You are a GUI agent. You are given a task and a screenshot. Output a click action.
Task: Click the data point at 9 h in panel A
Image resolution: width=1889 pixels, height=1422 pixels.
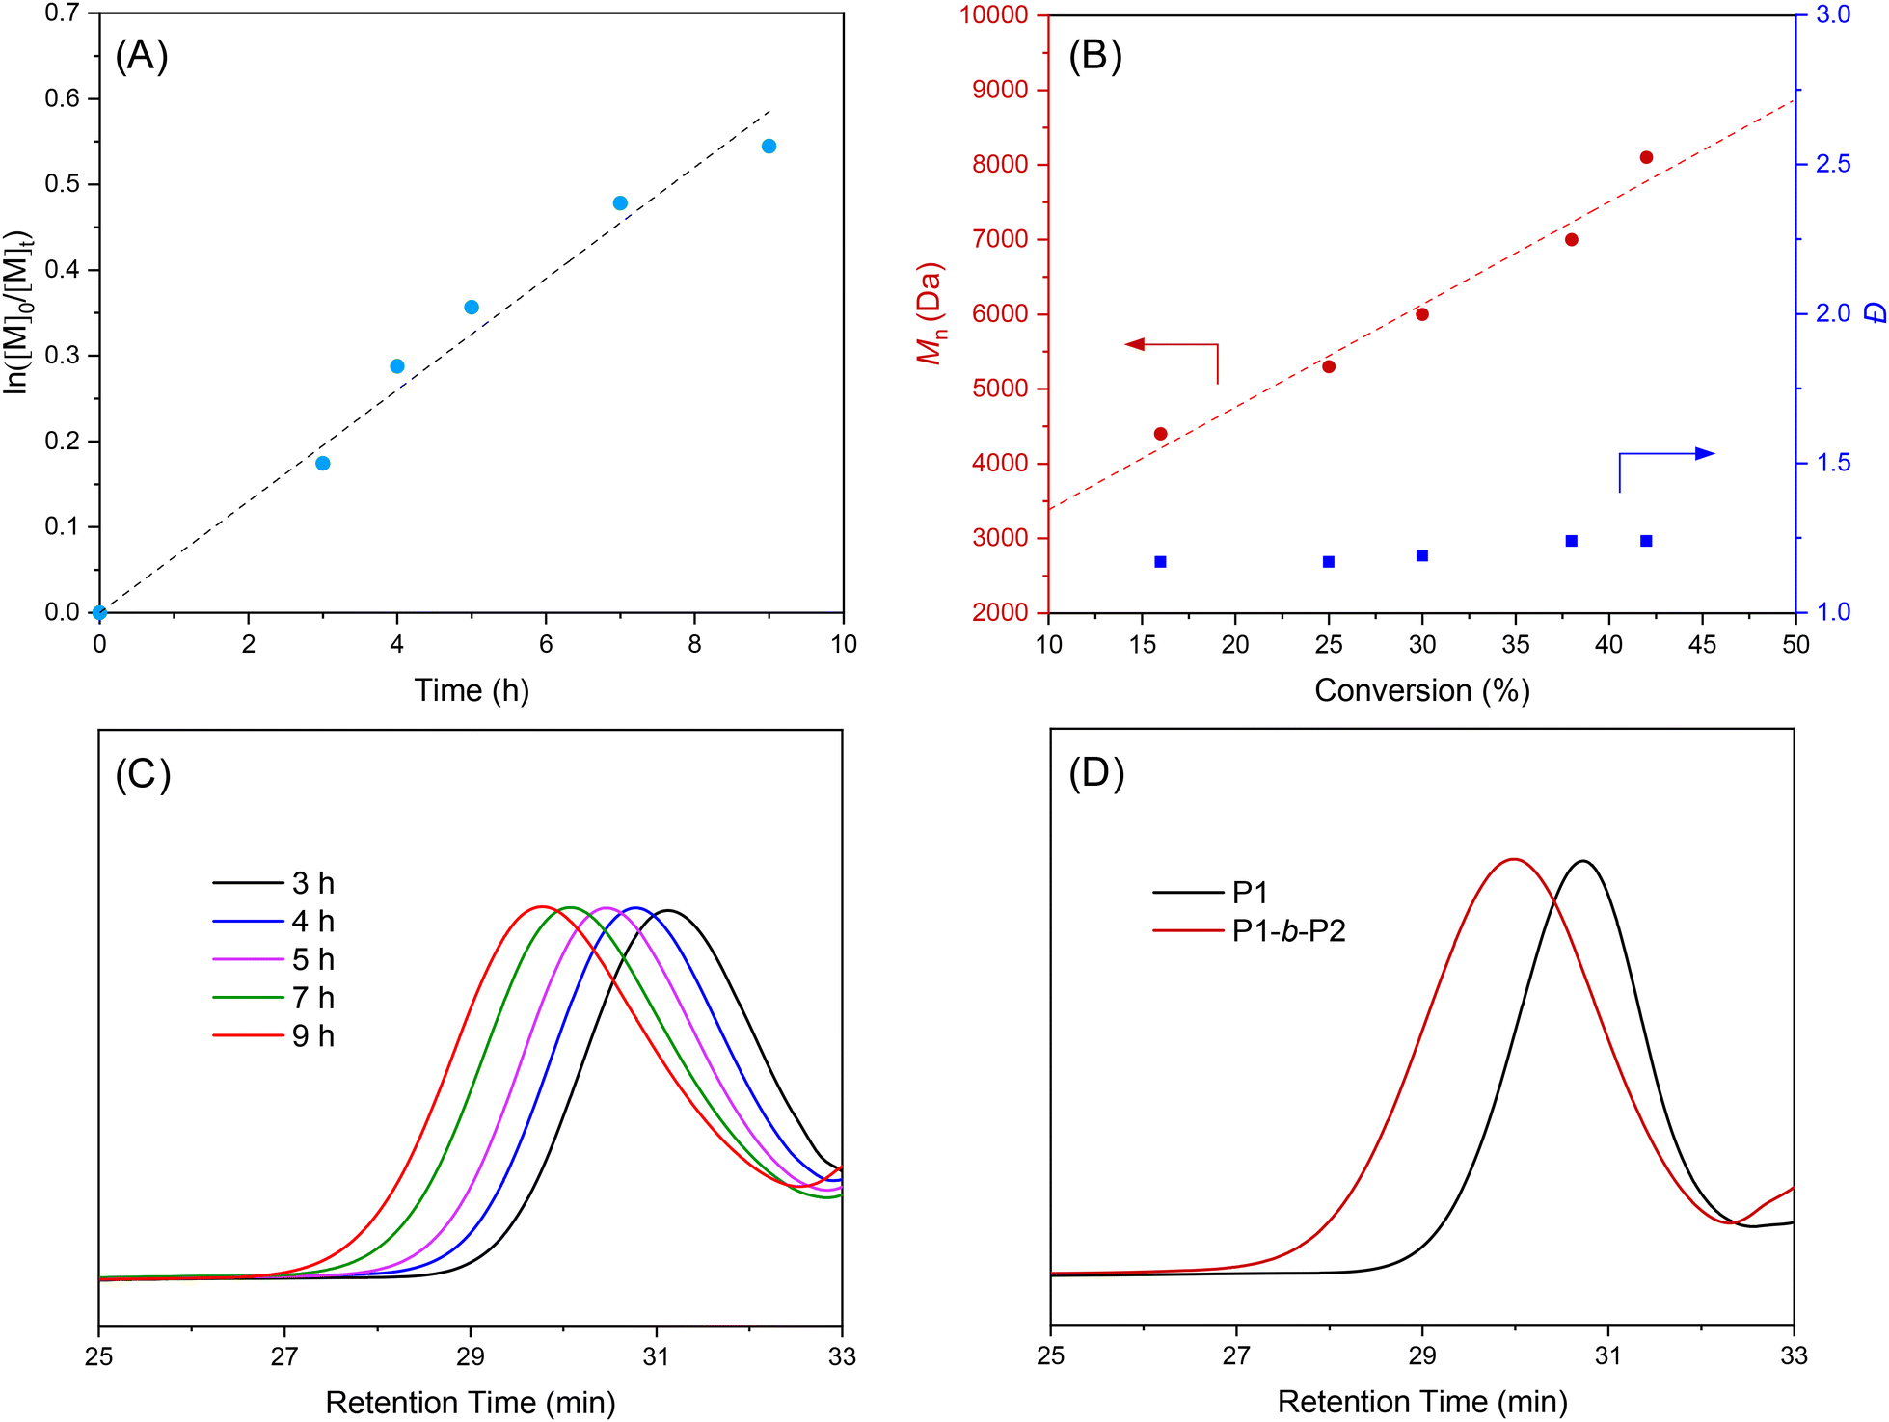(769, 147)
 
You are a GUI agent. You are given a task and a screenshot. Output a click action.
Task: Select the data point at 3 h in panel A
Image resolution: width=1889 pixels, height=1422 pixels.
(323, 464)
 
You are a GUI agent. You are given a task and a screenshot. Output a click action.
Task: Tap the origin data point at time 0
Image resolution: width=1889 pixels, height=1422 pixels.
(99, 612)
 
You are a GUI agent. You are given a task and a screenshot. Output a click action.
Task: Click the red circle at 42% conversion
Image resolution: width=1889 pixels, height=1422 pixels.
(1646, 157)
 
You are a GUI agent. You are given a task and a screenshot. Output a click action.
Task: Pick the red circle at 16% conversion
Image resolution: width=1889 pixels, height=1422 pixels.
(1160, 434)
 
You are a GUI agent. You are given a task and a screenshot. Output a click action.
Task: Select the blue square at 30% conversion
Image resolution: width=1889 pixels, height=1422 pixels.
(1422, 555)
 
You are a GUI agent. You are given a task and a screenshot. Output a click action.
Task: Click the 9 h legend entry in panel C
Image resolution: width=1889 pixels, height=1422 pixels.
(275, 1036)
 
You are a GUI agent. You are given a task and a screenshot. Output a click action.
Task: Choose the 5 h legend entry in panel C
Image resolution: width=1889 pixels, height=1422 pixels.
(275, 960)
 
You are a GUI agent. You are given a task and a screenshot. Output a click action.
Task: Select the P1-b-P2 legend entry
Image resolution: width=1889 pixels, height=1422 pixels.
(1250, 931)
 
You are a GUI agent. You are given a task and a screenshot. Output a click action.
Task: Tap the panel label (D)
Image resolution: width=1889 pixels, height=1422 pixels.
(1096, 773)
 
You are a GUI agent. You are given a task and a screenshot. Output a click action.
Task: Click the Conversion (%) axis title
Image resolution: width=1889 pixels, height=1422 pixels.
(1422, 690)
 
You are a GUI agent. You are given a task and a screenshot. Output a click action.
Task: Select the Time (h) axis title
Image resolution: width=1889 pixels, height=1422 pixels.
(472, 690)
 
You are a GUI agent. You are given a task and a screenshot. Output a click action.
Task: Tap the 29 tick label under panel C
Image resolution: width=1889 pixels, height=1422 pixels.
(471, 1356)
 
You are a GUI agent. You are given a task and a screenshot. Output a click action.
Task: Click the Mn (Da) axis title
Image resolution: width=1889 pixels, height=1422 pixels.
(930, 314)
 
